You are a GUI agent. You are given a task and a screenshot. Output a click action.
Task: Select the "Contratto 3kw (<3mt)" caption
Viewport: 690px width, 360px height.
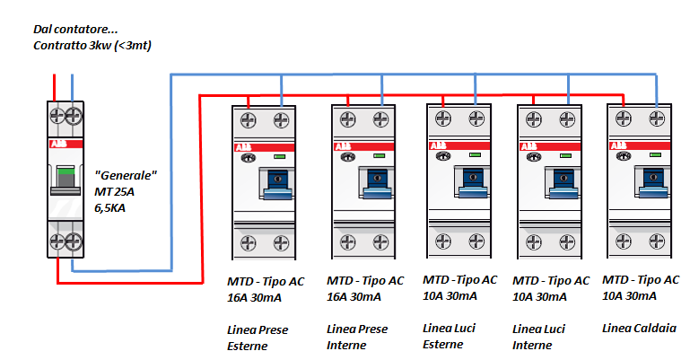point(92,45)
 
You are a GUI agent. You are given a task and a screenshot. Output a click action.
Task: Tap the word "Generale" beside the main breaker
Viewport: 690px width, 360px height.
point(126,174)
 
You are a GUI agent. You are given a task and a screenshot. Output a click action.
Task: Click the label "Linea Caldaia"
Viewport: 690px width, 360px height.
point(640,328)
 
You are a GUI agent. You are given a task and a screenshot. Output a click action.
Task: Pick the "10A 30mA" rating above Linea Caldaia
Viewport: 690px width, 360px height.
point(629,296)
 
